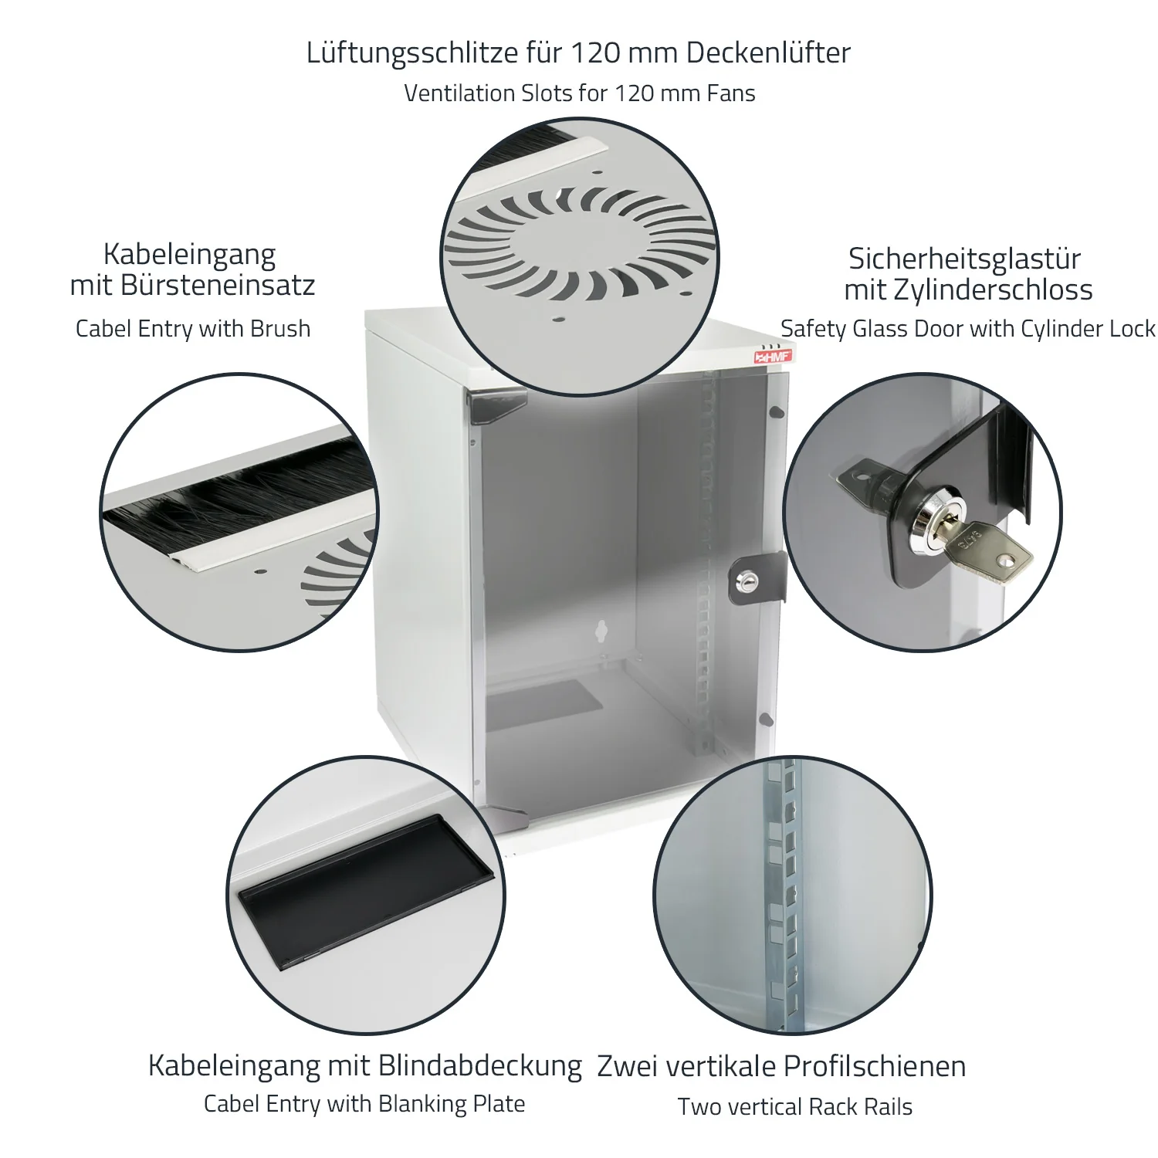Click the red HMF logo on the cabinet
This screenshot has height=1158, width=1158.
point(772,356)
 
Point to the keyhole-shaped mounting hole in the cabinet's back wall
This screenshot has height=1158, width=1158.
point(599,631)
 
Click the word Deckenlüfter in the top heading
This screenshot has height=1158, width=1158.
point(768,53)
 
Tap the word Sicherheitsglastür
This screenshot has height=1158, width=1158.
point(964,259)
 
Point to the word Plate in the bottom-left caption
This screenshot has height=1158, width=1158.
point(499,1104)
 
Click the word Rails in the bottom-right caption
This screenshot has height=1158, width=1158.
point(888,1107)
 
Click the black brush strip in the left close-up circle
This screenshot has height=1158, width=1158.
point(239,495)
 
